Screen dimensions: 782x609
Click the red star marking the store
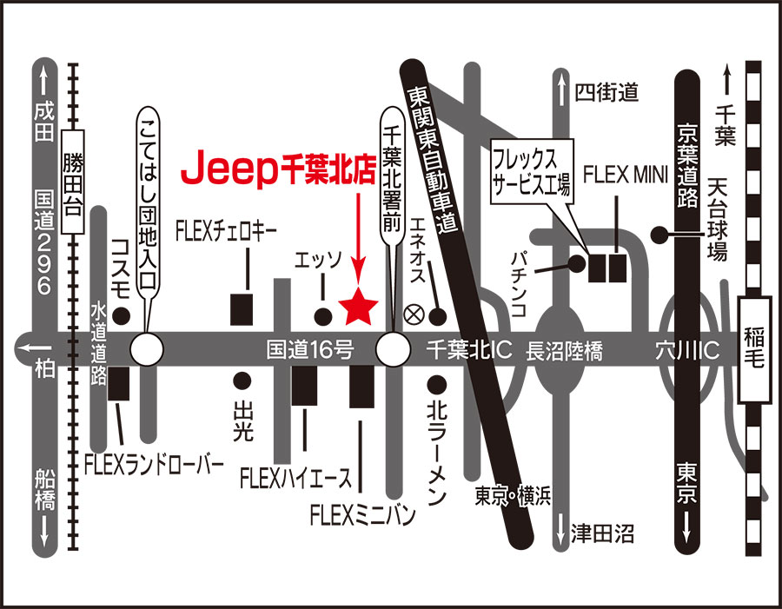tap(358, 308)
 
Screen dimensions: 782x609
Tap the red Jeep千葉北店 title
tap(278, 168)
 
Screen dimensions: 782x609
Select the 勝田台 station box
tap(72, 182)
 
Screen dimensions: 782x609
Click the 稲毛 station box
tap(753, 349)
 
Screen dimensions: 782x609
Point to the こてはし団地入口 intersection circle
tap(147, 349)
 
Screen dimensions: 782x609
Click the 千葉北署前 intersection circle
tap(393, 349)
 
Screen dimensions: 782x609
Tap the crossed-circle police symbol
tap(414, 315)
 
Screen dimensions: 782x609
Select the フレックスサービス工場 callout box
tap(532, 171)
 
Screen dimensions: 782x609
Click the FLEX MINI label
tap(625, 175)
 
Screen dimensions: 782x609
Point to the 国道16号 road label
tap(309, 349)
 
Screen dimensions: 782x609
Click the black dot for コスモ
tap(121, 315)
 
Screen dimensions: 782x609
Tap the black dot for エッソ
tap(323, 315)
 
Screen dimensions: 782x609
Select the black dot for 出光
tap(242, 381)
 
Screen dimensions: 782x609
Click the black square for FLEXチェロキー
tap(242, 309)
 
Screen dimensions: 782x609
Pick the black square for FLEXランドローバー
tap(119, 383)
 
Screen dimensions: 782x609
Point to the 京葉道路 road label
tap(687, 165)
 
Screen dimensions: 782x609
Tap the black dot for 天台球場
tap(659, 234)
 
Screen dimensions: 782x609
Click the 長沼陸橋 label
tap(564, 351)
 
